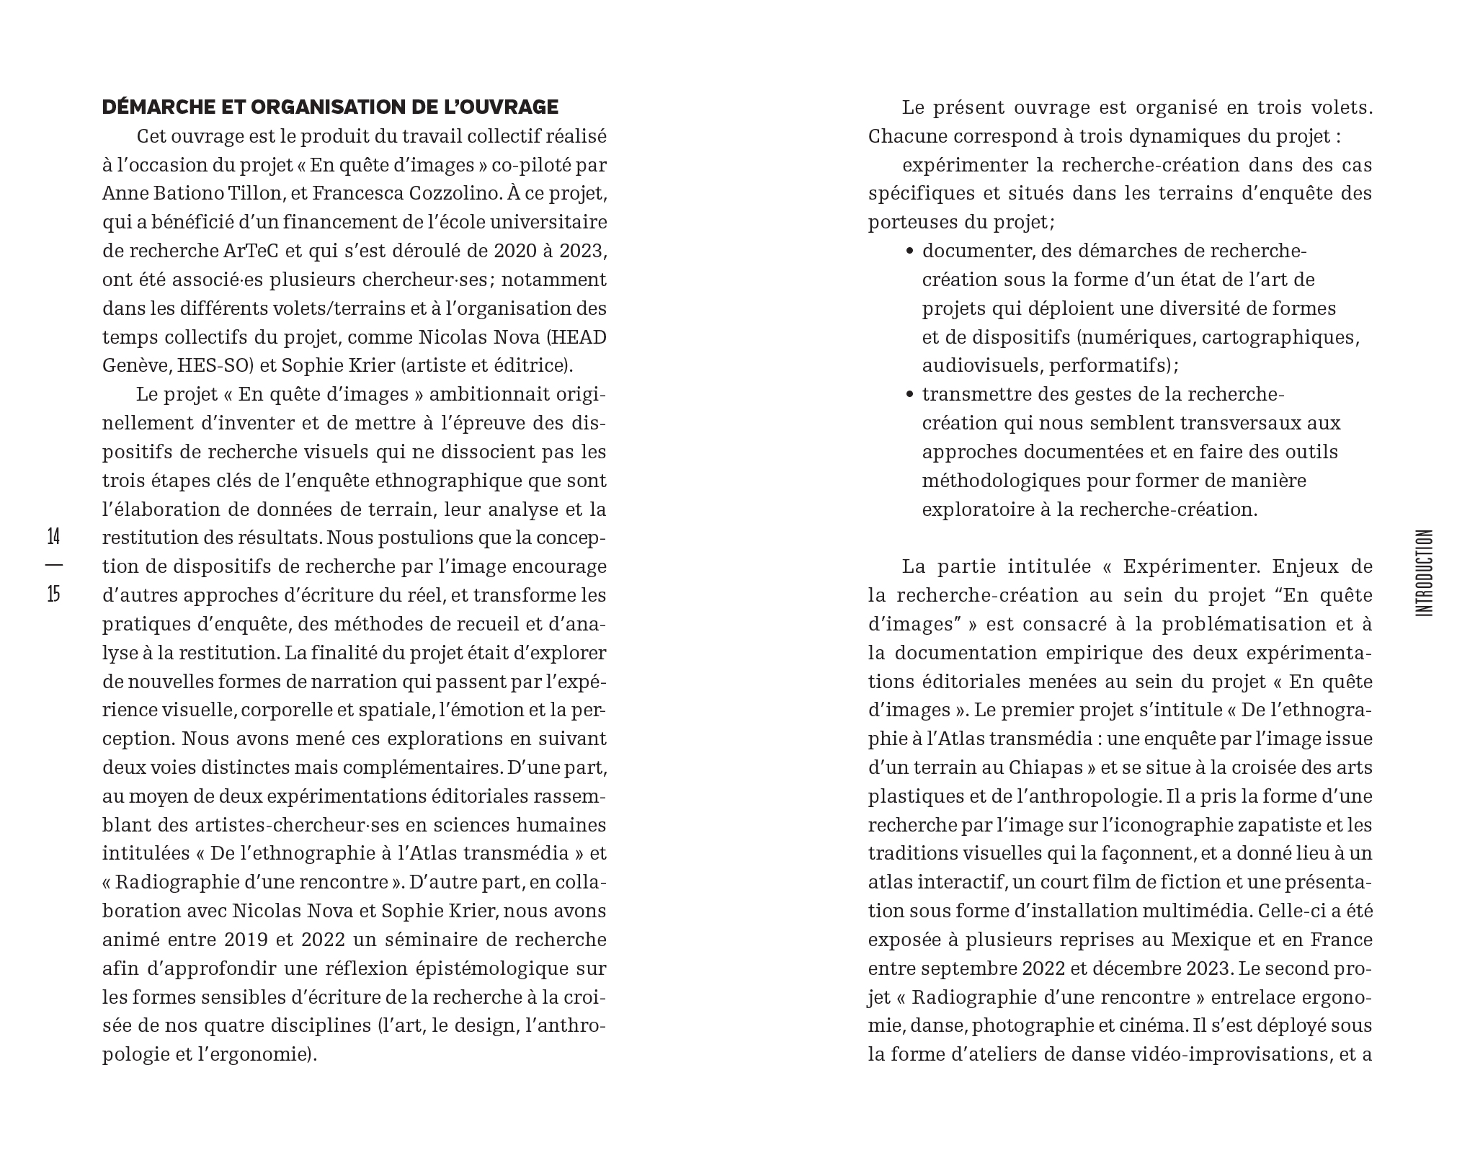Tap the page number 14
[53, 537]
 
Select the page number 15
[53, 594]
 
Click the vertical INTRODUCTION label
[1424, 573]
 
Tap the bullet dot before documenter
[909, 251]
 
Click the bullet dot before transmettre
[909, 395]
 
